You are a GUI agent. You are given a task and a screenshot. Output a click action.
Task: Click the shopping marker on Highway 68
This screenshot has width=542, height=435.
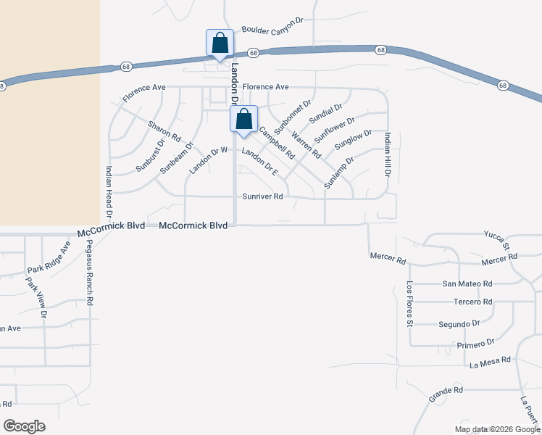[x=220, y=44]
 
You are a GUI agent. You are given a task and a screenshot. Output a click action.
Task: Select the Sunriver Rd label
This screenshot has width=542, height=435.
[x=262, y=196]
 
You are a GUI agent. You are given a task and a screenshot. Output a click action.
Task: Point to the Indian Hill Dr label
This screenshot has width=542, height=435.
[x=388, y=155]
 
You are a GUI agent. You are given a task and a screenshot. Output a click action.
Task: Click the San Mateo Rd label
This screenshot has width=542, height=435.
[x=467, y=283]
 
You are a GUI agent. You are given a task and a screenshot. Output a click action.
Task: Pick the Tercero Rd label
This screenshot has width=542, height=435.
[x=472, y=302]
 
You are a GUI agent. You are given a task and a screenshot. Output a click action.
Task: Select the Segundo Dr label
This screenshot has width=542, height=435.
[x=459, y=323]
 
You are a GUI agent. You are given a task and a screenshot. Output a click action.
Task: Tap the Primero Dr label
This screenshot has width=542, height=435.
[x=475, y=342]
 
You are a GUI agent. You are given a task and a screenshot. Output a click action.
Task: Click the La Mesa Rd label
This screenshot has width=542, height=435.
[x=491, y=360]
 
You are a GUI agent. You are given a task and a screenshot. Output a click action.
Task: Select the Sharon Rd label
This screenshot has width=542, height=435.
[x=164, y=130]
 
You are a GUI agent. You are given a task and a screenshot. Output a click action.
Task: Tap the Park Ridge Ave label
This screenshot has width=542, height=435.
[x=49, y=259]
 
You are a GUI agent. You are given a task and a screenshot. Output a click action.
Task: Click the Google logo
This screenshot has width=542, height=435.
[x=24, y=426]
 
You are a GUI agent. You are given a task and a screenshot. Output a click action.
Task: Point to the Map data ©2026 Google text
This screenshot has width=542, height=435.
[x=496, y=429]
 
